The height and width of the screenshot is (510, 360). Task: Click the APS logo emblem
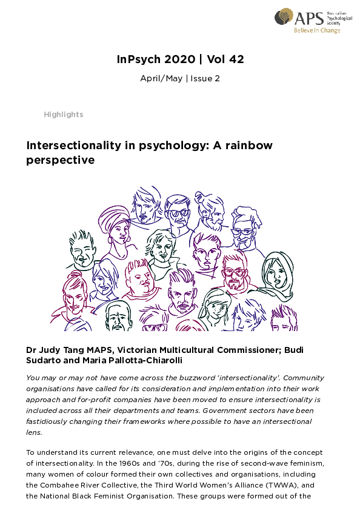coord(284,16)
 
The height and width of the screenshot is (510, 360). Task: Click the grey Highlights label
coord(64,114)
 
